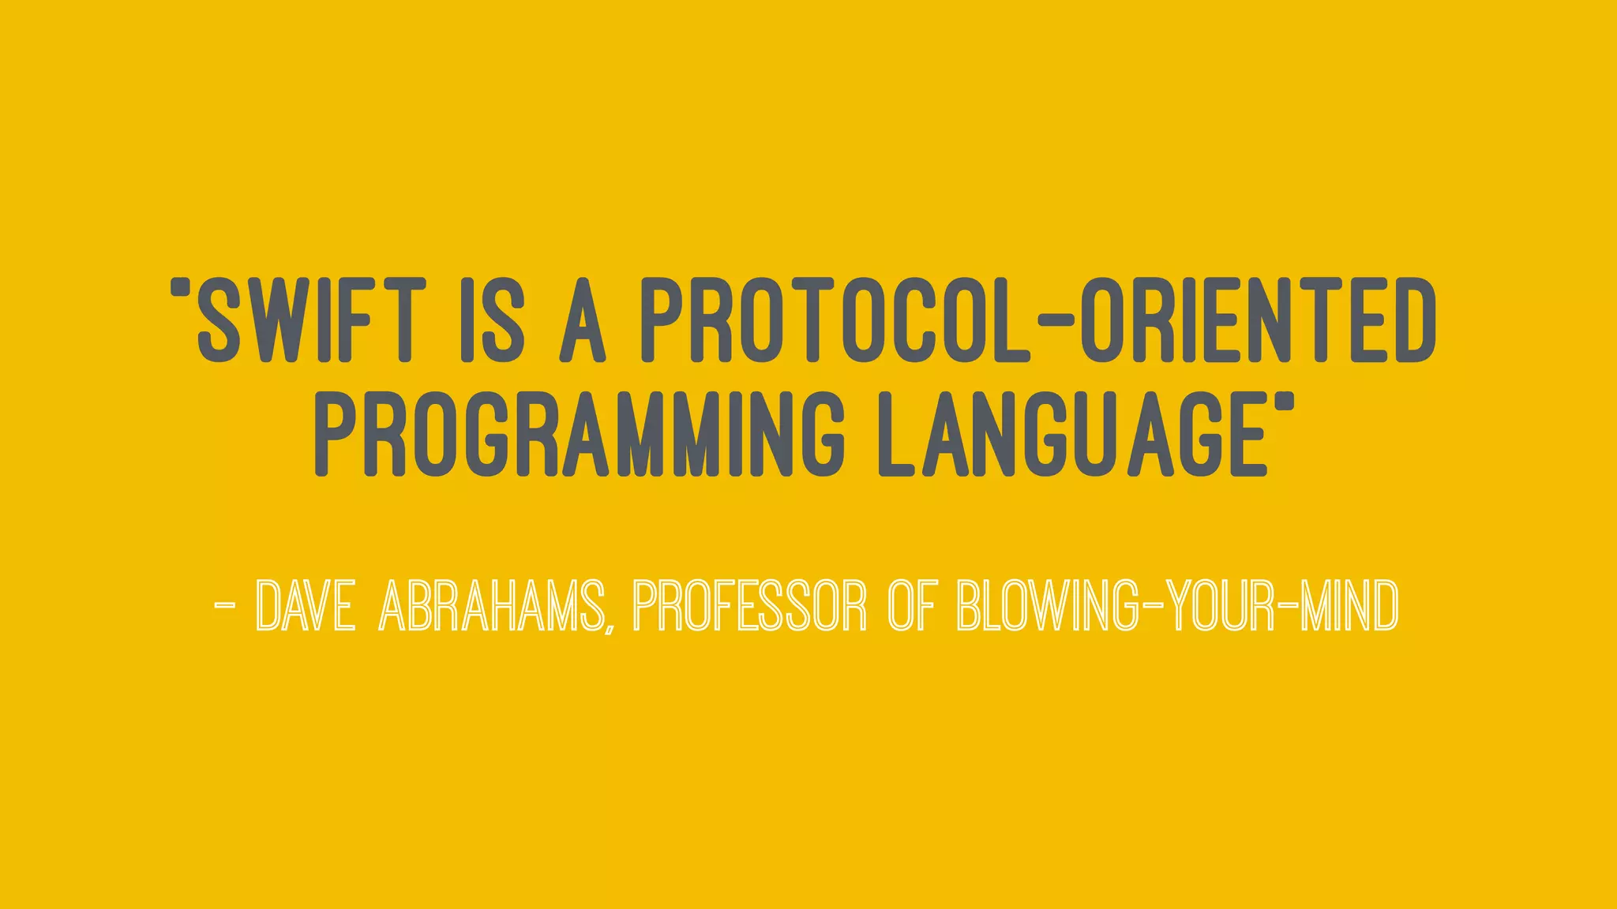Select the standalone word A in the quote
tap(583, 320)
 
